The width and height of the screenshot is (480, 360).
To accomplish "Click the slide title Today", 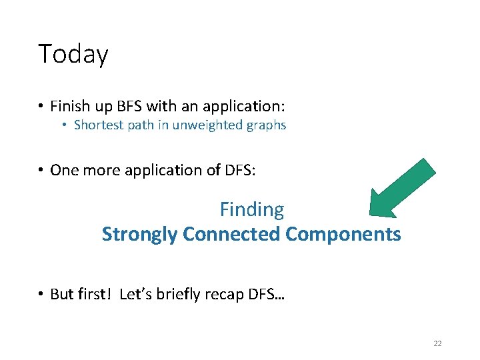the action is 73,54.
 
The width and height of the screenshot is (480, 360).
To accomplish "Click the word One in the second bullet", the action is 64,170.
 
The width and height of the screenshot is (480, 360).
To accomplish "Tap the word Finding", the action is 252,209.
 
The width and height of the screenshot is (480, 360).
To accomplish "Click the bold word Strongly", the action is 139,235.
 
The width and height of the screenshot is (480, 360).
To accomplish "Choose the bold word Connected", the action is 231,234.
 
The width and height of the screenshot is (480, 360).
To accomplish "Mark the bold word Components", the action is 343,235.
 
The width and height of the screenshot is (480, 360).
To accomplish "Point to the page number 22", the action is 437,343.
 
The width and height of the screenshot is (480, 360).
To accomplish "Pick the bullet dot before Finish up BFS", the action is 41,107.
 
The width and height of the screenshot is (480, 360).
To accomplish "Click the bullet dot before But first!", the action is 41,295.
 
